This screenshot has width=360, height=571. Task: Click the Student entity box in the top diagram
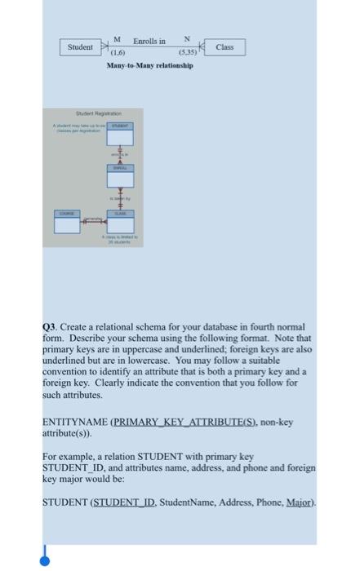(79, 48)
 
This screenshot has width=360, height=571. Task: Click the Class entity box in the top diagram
(224, 47)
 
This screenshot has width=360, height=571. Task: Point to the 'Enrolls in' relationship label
(149, 41)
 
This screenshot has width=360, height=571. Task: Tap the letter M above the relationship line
(118, 40)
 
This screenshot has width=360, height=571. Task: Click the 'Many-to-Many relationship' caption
(150, 65)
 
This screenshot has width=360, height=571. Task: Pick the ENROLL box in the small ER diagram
(118, 169)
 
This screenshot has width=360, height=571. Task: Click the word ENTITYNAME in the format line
(67, 422)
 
